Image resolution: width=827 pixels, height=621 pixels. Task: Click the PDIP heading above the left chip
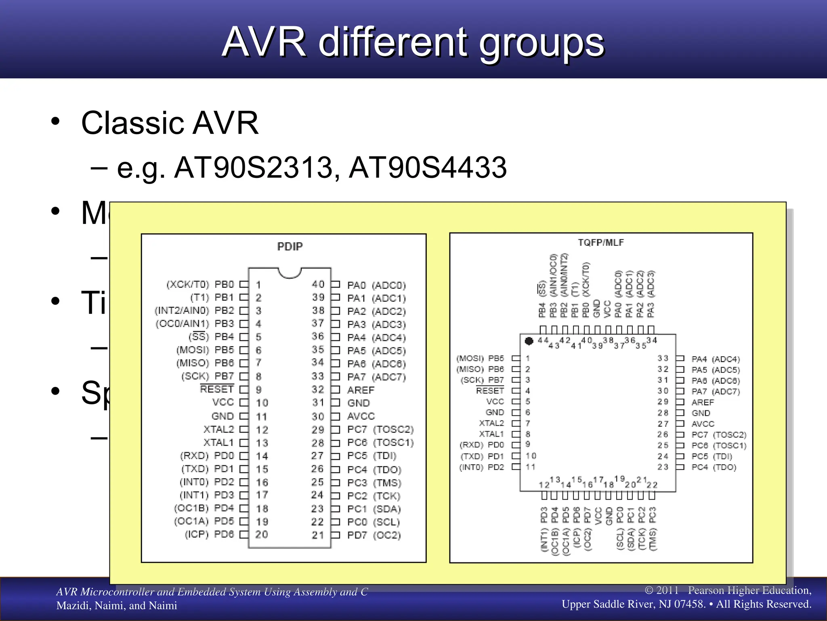click(x=290, y=247)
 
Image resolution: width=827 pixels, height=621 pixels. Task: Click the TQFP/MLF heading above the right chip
click(x=600, y=243)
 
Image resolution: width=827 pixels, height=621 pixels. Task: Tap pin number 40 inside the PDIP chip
click(x=318, y=284)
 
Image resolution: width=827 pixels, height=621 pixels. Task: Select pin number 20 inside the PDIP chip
click(x=261, y=534)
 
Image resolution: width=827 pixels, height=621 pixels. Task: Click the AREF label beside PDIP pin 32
click(x=361, y=390)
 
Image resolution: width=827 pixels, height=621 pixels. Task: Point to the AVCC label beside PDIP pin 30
click(x=361, y=416)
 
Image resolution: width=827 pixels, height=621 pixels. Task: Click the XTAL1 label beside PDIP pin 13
click(x=218, y=443)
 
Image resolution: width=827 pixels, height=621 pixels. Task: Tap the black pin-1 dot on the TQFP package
click(x=529, y=341)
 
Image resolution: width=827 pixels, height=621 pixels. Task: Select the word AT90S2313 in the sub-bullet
click(x=253, y=167)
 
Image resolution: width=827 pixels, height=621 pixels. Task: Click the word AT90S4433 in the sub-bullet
click(x=428, y=167)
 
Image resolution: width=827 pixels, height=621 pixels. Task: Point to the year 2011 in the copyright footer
click(x=667, y=590)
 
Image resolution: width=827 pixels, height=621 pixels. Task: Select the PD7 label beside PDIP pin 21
click(x=357, y=535)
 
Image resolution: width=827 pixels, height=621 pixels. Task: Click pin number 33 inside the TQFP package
click(x=663, y=359)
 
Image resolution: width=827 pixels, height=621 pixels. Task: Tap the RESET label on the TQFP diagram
click(x=490, y=391)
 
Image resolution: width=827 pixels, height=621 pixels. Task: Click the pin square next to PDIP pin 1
click(x=243, y=284)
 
